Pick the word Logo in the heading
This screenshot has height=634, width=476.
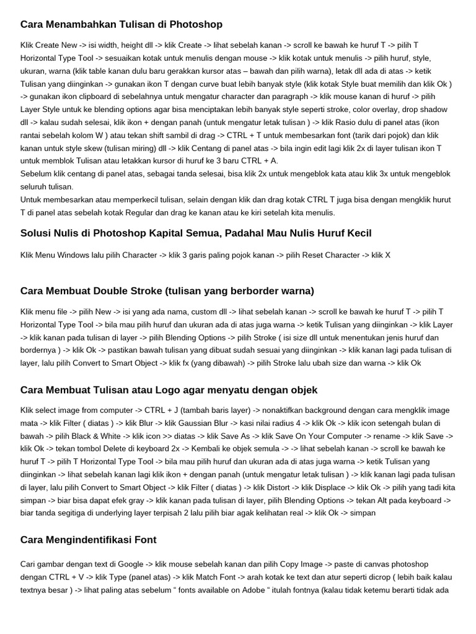[x=177, y=390]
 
